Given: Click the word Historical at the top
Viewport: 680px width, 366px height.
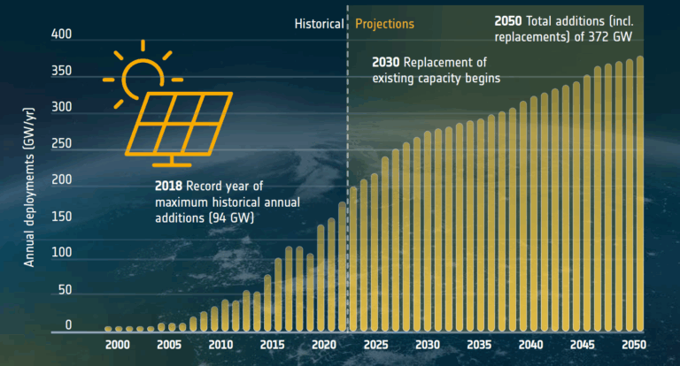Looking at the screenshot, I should coord(319,24).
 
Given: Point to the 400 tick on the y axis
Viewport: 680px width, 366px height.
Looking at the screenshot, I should coord(61,34).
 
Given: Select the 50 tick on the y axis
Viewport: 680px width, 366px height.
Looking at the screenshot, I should coord(65,290).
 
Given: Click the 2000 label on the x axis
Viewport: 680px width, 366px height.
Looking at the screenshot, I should coord(119,345).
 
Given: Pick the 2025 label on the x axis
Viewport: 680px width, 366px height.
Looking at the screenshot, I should coord(375,345).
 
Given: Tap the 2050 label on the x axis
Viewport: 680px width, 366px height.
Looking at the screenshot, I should coord(633,345).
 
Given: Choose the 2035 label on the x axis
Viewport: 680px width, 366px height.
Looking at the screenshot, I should coord(478,345).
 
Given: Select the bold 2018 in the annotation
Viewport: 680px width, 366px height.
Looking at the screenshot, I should coord(169,187).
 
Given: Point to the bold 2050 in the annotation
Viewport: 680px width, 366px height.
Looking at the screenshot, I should coord(509,19).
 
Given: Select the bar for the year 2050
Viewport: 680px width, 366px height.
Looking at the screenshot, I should coord(639,194).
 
